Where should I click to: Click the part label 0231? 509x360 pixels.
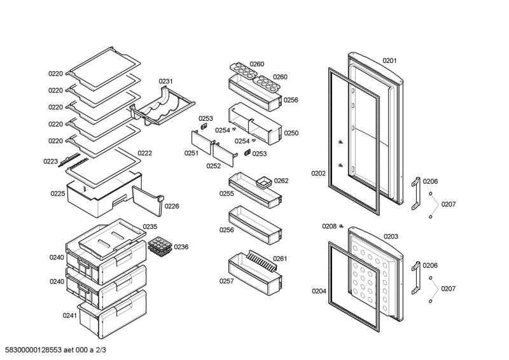point(165,81)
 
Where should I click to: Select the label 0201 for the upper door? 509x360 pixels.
point(389,61)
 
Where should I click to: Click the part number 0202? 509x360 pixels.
point(318,173)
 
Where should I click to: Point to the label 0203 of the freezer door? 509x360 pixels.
point(391,237)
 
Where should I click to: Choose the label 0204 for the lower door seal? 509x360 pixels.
point(319,291)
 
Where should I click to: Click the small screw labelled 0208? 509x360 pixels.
point(342,226)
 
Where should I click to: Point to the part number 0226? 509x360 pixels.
point(171,206)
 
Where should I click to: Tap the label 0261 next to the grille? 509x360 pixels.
point(280,259)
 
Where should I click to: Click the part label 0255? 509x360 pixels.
point(227,193)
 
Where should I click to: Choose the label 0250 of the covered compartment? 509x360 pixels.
point(291,134)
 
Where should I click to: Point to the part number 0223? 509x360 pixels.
point(51,162)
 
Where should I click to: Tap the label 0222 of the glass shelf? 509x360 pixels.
point(144,153)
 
